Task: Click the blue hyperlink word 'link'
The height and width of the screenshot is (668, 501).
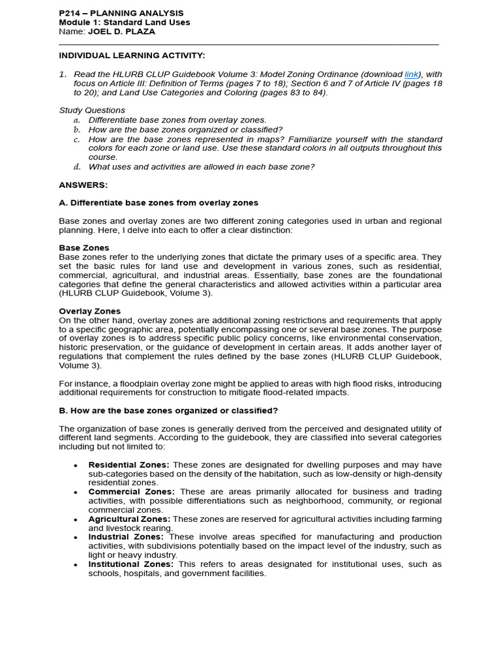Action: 411,74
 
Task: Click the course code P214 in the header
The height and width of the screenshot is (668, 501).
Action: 69,13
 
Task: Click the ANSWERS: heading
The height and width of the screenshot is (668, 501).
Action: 83,185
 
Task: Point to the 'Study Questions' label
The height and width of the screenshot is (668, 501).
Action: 92,110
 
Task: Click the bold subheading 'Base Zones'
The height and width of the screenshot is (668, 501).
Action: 84,248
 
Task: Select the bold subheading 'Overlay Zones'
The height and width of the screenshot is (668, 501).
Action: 89,311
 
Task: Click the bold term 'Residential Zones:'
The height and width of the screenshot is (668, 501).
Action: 129,464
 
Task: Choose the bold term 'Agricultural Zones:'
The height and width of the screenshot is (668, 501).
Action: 129,519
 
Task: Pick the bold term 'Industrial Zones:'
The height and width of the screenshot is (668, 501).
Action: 126,537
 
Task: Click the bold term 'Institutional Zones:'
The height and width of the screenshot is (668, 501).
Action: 130,564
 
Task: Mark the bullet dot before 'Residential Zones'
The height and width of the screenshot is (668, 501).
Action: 76,465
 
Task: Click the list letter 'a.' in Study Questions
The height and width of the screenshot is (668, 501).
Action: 76,120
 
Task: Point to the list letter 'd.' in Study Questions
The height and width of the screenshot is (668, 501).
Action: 76,167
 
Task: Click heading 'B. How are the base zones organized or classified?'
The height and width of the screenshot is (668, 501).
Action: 168,410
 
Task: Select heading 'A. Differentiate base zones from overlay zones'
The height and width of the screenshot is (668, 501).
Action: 159,203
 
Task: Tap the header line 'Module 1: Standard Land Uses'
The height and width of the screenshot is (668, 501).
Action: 124,22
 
